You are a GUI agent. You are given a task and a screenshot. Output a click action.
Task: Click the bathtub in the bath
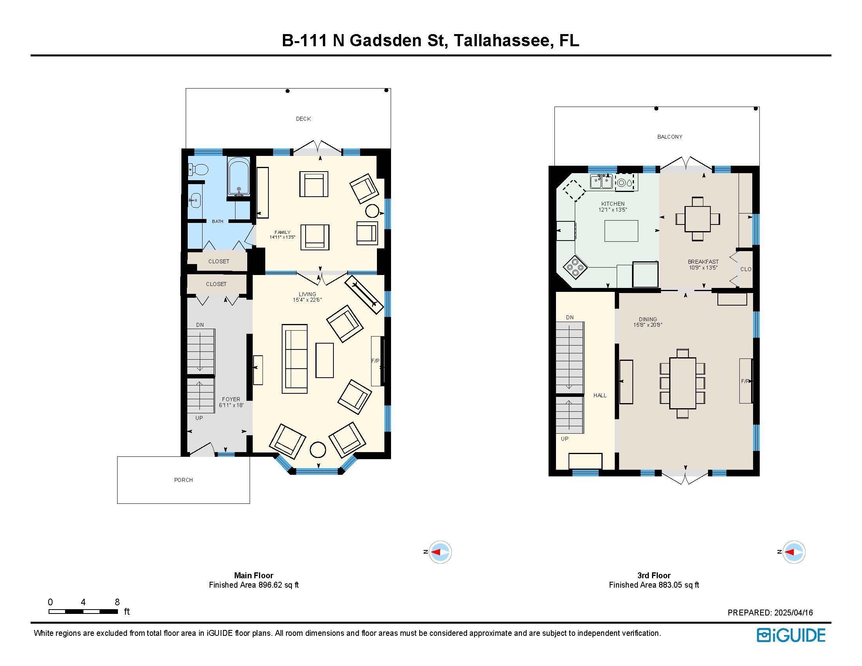point(239,176)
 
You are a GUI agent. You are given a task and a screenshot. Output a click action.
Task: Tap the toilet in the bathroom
point(198,170)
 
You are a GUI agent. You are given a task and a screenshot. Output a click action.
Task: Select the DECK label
point(304,119)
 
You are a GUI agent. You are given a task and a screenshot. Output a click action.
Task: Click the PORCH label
point(183,480)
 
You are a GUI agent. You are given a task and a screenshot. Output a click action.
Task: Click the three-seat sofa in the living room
point(294,358)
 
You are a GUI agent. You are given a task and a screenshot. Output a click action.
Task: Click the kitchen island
point(621,231)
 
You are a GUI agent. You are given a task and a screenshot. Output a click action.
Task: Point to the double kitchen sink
point(601,181)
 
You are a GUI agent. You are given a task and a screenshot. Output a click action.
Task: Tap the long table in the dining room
point(683,383)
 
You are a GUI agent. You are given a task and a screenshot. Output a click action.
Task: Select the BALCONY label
point(670,137)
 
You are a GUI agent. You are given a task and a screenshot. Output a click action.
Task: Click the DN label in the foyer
point(200,325)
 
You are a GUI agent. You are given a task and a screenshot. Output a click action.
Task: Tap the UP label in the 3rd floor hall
point(565,439)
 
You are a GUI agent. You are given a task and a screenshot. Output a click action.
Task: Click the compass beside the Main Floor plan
point(440,552)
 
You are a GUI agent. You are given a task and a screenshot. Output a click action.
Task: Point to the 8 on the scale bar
point(117,602)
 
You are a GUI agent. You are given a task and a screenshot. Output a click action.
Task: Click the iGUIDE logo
point(791,635)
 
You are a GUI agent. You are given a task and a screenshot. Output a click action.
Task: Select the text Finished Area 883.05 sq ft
point(654,585)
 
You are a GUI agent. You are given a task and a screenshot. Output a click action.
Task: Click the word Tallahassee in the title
point(502,41)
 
